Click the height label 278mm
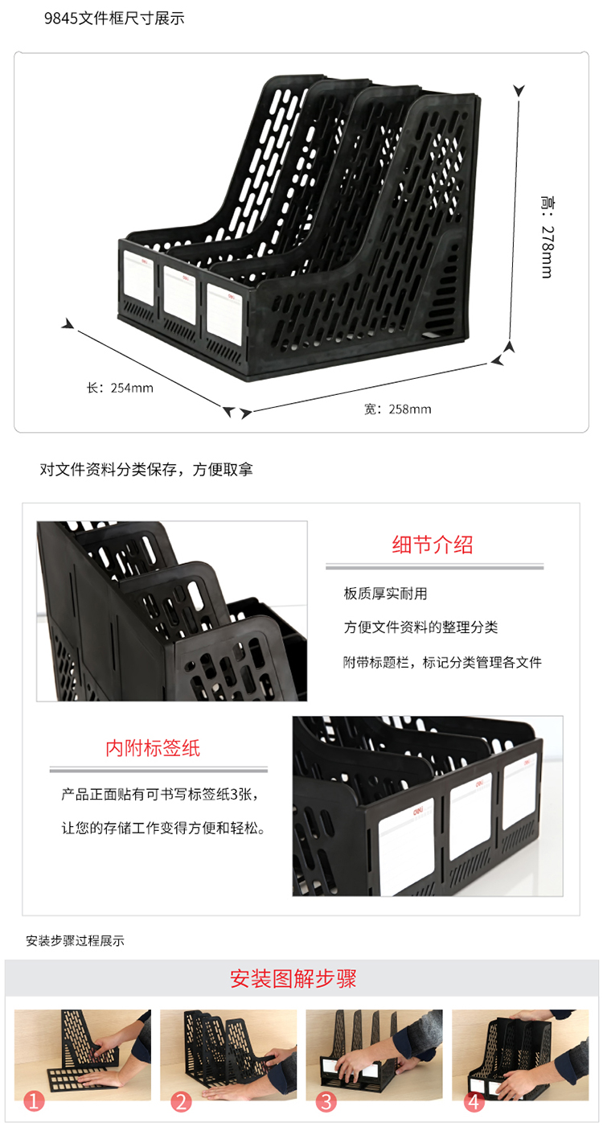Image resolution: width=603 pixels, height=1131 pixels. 548,236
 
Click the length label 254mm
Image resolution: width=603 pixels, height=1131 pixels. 120,388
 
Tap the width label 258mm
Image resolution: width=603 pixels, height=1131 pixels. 398,409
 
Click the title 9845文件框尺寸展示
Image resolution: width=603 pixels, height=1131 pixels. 114,19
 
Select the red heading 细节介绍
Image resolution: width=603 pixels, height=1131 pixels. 433,545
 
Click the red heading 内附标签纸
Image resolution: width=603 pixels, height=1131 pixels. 153,748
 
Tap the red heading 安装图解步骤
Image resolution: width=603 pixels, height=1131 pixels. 293,978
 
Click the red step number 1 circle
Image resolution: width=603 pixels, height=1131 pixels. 35,1100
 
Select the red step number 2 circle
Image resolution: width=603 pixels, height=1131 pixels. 181,1101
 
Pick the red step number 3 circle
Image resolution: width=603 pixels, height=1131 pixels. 326,1101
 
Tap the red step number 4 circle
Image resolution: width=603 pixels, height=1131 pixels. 474,1101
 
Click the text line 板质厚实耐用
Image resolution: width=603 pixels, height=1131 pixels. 385,594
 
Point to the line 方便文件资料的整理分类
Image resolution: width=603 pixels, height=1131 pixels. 420,627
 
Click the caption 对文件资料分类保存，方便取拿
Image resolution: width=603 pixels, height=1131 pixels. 146,470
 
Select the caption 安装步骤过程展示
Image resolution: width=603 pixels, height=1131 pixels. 76,940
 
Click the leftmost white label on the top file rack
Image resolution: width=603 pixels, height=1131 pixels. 139,278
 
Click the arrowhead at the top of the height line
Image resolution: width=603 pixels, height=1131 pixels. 519,90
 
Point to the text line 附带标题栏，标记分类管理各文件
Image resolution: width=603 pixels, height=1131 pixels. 442,662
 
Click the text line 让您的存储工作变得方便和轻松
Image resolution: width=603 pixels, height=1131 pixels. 163,828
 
